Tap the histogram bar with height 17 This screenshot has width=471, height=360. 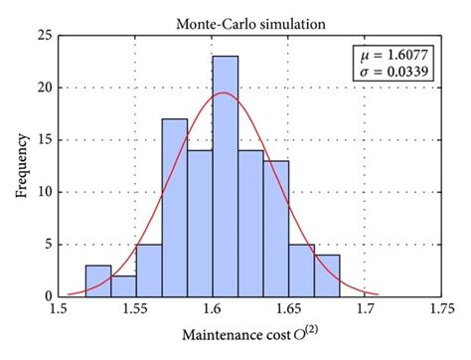click(174, 208)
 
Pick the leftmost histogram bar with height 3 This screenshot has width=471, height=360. click(97, 280)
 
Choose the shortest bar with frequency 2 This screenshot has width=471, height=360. click(123, 285)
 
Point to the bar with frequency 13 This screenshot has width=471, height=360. click(277, 229)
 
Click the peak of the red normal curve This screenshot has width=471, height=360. click(224, 93)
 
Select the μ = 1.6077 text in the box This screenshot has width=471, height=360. click(395, 55)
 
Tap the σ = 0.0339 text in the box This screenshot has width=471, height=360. click(395, 72)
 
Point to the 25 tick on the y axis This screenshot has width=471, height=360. click(44, 35)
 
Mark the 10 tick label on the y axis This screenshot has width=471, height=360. click(44, 192)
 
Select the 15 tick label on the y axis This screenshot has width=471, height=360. click(44, 139)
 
